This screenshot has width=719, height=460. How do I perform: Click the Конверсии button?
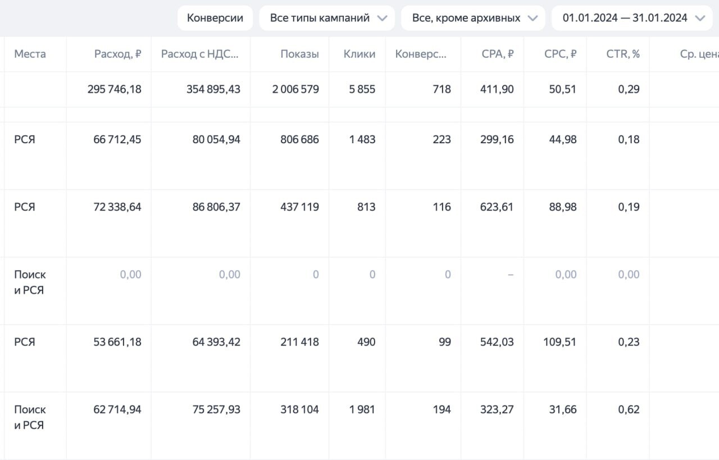click(x=215, y=18)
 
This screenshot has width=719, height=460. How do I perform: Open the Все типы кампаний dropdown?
click(x=327, y=18)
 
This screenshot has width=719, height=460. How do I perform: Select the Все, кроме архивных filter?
click(x=473, y=18)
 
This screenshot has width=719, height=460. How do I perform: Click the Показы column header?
click(x=299, y=54)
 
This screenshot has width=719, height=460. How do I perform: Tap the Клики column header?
click(x=359, y=54)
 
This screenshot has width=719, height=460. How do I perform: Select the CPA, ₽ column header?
click(x=498, y=54)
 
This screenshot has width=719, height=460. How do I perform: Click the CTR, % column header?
click(x=623, y=54)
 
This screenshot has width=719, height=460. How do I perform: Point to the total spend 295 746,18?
click(x=114, y=89)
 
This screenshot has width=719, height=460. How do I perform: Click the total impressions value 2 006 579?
click(x=295, y=89)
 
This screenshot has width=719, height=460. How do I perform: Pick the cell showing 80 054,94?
click(x=216, y=139)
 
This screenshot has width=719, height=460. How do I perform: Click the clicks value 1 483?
click(x=362, y=139)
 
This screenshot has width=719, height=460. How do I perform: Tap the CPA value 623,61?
click(x=497, y=207)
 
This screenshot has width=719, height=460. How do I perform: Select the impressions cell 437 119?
click(x=299, y=207)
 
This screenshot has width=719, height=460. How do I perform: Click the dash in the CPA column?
click(x=511, y=275)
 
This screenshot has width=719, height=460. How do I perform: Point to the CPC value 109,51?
click(x=559, y=342)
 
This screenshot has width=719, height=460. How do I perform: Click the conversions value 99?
click(x=444, y=342)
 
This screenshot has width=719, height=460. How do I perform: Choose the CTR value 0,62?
click(x=629, y=409)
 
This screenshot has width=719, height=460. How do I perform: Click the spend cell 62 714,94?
click(x=117, y=409)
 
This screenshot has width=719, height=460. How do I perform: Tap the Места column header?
click(x=30, y=54)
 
